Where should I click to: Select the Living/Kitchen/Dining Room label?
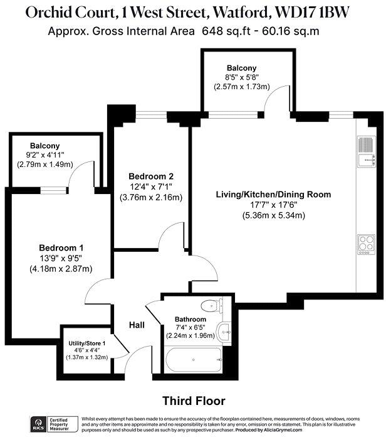pos(273,195)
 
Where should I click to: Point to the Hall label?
pos(137,325)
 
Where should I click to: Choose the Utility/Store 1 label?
pos(87,343)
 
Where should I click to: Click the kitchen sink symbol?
pos(364,151)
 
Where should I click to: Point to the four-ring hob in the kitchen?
pos(364,242)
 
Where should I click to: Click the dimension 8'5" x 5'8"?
pos(246,78)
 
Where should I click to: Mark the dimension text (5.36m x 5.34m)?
pos(273,215)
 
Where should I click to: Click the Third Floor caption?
pos(194,400)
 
